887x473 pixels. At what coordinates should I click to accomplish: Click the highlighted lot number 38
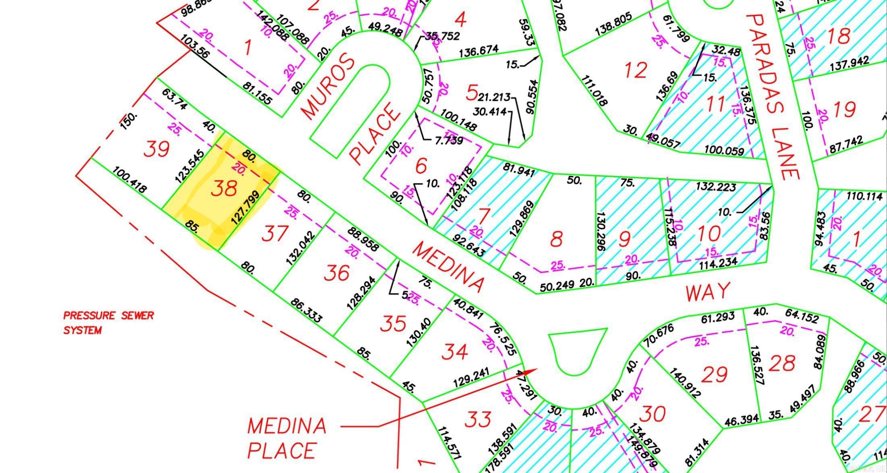[x=224, y=188]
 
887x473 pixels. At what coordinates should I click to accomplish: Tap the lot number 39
[x=157, y=149]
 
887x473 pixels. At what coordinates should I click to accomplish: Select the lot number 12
[x=636, y=70]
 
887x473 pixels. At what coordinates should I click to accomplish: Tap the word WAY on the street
[x=708, y=292]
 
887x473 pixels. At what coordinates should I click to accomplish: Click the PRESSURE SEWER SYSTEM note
[x=108, y=323]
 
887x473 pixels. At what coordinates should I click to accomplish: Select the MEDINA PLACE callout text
[x=286, y=438]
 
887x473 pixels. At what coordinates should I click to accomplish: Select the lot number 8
[x=556, y=239]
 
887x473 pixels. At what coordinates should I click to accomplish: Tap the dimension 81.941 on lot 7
[x=519, y=170]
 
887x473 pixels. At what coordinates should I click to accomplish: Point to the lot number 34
[x=455, y=352]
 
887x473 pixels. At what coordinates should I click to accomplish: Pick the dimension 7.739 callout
[x=449, y=141]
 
